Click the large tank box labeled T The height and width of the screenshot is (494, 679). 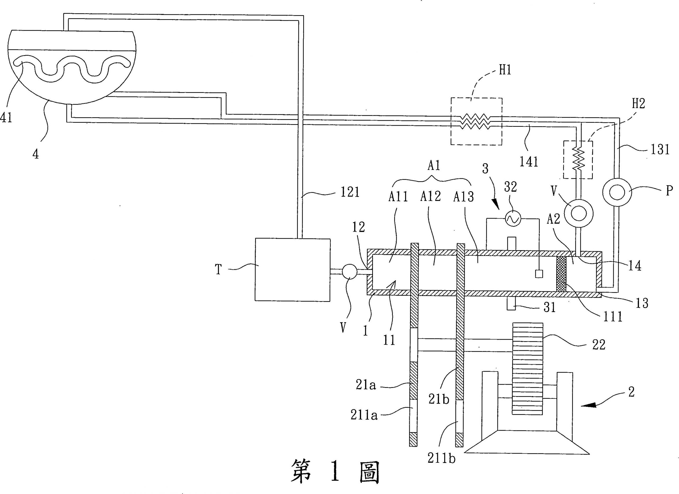coord(293,270)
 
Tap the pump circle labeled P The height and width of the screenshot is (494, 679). coord(616,192)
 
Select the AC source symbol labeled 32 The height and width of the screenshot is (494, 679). coord(513,219)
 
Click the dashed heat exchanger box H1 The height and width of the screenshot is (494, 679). coord(476,122)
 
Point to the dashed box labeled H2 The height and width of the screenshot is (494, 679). coord(578,159)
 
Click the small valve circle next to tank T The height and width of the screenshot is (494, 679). coord(349,272)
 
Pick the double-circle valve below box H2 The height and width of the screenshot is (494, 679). coord(578,214)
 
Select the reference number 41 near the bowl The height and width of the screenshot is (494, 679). coord(6,118)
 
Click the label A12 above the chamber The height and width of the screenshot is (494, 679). coord(430,196)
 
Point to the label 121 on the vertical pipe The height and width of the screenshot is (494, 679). coord(350,192)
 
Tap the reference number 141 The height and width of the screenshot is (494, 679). coord(529,162)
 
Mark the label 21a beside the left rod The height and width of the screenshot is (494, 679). coord(365,385)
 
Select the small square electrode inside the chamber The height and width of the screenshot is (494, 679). coord(539,274)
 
